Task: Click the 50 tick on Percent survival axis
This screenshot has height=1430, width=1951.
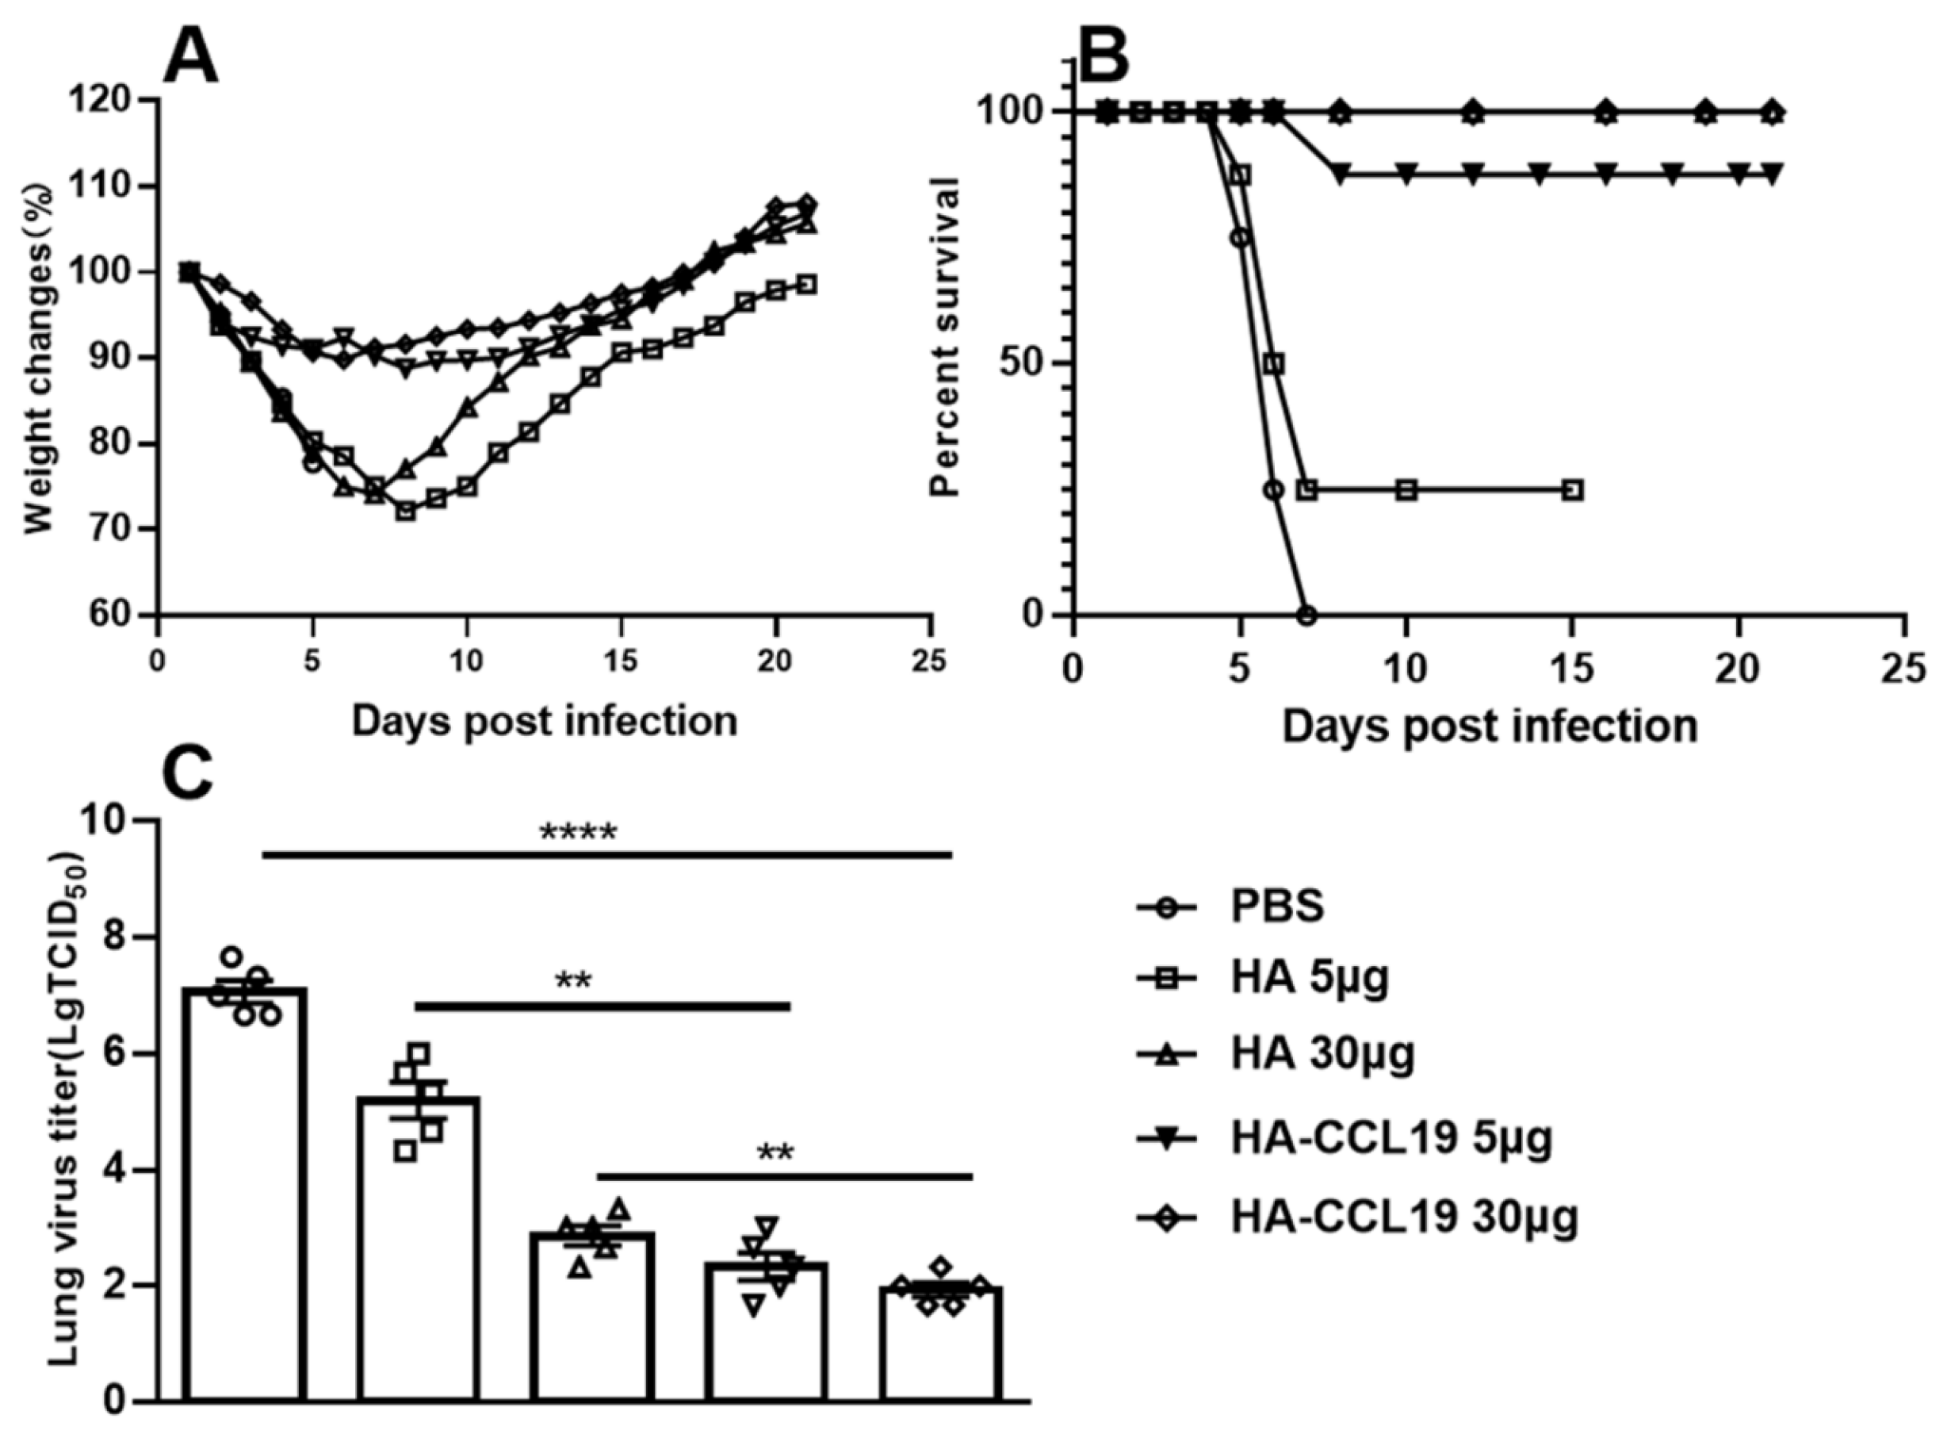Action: [x=1021, y=363]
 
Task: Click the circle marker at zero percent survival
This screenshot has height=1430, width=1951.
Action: [x=1306, y=615]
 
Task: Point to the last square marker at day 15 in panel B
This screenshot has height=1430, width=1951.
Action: [x=1574, y=490]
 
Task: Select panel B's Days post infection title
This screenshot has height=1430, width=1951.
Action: [x=1489, y=726]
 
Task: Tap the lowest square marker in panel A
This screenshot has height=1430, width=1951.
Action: [x=405, y=512]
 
